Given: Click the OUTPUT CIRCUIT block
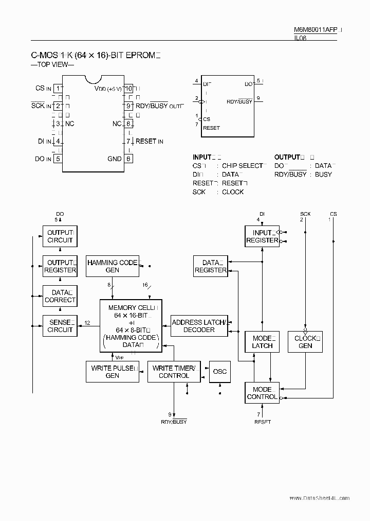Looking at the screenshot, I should (60, 237).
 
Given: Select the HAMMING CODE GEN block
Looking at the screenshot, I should (112, 266).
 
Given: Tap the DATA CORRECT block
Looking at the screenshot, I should (60, 297).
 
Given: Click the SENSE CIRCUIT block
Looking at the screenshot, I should (60, 326).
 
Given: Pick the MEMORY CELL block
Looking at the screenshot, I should (131, 325).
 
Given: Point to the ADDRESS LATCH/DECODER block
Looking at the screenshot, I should (199, 326).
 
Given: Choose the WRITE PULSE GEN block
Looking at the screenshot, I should (112, 372).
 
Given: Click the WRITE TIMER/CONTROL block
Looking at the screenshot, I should (174, 372).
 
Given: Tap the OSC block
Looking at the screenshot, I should (219, 372).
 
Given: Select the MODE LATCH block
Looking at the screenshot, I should (262, 342).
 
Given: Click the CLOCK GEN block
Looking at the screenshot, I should (305, 342).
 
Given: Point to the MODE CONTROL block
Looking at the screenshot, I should (262, 393).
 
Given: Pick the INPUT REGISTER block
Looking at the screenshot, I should (262, 237).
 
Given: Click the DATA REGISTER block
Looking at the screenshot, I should (210, 266).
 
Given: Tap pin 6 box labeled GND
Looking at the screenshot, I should (128, 159).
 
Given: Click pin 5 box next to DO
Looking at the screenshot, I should (58, 159).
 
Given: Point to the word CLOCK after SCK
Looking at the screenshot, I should (233, 192).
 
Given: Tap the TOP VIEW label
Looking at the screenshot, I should (52, 65).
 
